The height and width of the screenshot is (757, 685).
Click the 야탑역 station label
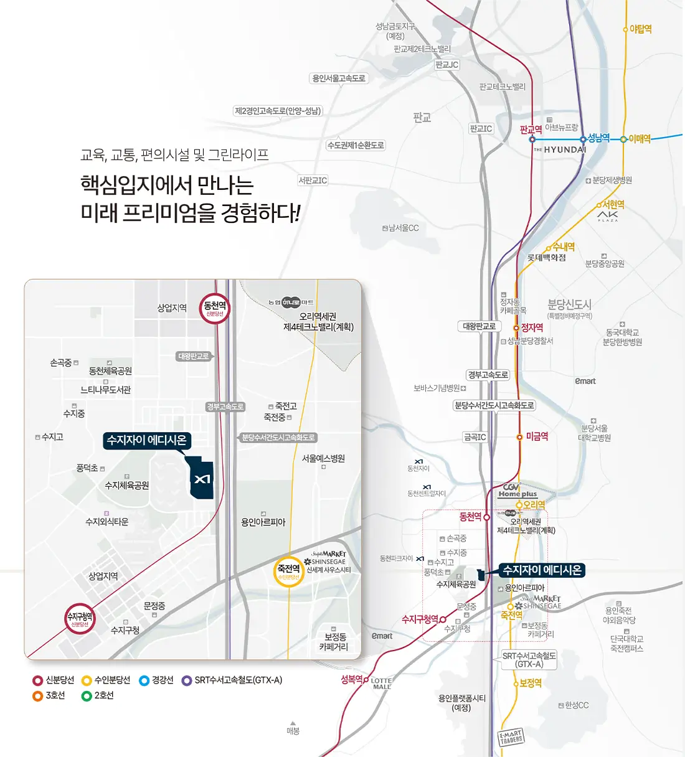[x=640, y=29]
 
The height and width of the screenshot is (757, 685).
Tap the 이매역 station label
[x=639, y=139]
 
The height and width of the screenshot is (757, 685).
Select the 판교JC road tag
[x=446, y=65]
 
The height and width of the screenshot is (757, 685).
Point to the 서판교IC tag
[x=313, y=181]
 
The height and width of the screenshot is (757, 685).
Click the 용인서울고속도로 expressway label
[x=339, y=78]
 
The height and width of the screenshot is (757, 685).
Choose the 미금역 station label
[x=536, y=437]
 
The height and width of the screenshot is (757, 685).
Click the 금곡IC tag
[x=475, y=437]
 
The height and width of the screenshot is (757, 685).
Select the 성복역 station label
[x=352, y=679]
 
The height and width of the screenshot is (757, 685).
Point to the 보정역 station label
[x=530, y=683]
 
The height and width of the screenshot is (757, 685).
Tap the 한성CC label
[x=576, y=705]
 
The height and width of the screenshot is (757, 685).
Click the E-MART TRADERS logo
[x=511, y=738]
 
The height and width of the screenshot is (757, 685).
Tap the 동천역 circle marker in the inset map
[x=215, y=308]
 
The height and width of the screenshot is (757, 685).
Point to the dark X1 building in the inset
[x=201, y=478]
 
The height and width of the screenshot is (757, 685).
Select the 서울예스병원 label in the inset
[x=323, y=459]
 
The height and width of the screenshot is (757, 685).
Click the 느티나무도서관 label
[x=106, y=390]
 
